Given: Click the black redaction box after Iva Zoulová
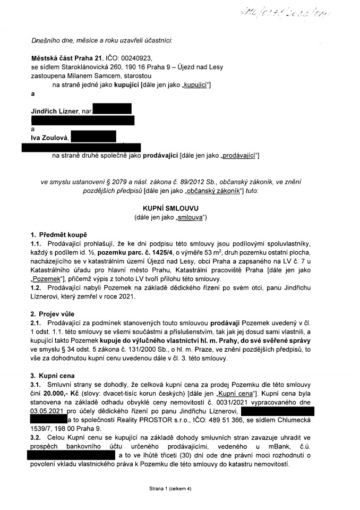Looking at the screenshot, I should click(x=93, y=137).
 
